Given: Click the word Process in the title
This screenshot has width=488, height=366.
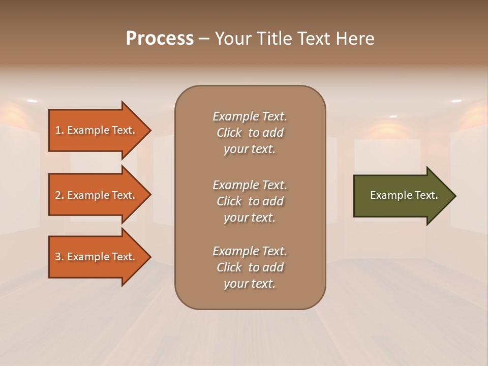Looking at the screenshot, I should coord(160,39).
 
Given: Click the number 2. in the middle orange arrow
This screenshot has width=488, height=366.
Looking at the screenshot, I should coord(59,195).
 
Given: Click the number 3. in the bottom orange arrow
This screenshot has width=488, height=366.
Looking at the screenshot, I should coord(59,257).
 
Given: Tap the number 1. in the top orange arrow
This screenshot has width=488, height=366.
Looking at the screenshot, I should coord(59,130).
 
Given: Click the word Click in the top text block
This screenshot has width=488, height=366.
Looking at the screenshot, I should coord(229,133).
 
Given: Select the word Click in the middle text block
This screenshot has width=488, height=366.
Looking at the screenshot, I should coord(229,201).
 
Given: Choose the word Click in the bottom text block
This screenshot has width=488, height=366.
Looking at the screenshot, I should coord(229,267).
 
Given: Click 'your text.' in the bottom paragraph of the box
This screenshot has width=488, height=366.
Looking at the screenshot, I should coord(250,284).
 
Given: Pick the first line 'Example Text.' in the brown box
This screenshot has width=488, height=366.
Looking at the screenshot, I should coord(250,116).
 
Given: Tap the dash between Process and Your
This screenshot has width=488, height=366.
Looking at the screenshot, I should coord(204,39).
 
